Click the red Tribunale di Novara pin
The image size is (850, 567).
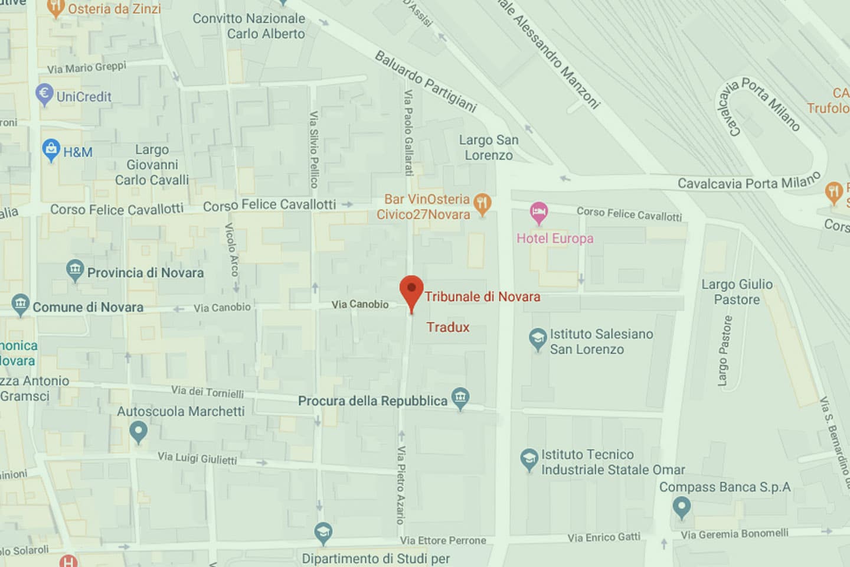coord(411,291)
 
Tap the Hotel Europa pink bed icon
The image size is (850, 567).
coord(538,212)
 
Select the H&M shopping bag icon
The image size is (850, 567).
coord(51,149)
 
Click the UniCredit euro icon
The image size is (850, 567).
coord(44,94)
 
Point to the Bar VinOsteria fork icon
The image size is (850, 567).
coord(483,204)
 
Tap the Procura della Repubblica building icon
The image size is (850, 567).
coord(460,398)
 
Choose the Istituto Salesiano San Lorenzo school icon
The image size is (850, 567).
coord(538,339)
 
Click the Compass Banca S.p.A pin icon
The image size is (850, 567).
coord(681,507)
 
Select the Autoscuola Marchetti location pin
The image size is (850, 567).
coord(138,431)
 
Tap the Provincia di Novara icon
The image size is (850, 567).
coord(75,271)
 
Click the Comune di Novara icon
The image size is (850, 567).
coord(20,305)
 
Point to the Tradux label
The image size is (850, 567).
coord(448,327)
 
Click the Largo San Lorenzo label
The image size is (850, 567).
coord(489,148)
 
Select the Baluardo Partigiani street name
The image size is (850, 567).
coord(426,82)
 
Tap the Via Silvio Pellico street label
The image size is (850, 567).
coord(314,149)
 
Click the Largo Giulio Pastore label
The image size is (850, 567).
coord(737,292)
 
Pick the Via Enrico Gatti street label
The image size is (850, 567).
coord(604,537)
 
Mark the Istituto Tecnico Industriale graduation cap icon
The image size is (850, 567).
coord(529,460)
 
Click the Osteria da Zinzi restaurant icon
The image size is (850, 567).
coord(55,8)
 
